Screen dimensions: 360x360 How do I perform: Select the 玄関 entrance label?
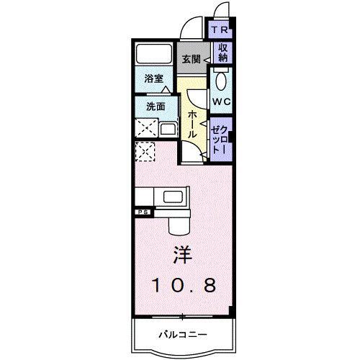190,59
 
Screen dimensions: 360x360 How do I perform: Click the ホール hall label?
193,125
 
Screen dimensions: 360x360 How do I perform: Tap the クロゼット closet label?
220,137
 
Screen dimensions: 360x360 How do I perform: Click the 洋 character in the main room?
181,256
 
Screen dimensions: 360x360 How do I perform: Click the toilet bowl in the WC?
220,79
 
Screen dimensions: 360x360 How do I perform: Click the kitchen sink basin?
174,197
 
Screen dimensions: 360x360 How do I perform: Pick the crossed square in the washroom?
146,130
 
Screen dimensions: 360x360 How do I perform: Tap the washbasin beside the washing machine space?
167,130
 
